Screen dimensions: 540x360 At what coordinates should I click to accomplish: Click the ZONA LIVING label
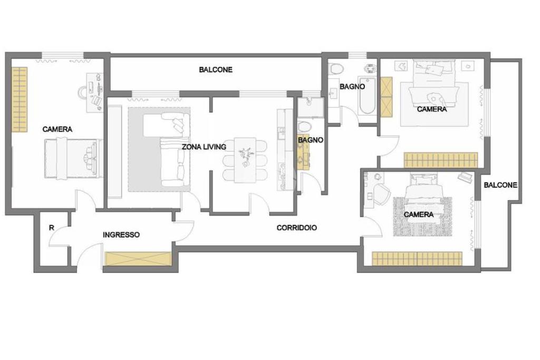tap(204, 147)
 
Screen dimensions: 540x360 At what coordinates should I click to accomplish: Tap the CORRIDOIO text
tap(297, 228)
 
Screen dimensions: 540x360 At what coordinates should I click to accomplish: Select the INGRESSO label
tap(121, 235)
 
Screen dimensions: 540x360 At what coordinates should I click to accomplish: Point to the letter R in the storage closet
tap(52, 228)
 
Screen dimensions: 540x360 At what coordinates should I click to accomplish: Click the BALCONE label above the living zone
tap(216, 70)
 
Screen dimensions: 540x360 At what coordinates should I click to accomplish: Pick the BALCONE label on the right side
tap(500, 185)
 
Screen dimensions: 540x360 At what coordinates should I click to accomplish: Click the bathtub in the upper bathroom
tap(367, 96)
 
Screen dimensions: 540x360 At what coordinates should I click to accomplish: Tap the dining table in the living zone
tap(245, 160)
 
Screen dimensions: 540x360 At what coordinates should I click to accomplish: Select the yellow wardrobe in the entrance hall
tap(138, 259)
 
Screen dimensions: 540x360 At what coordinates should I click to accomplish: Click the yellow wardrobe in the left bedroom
tap(20, 100)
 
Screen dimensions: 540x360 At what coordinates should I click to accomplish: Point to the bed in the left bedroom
tap(73, 159)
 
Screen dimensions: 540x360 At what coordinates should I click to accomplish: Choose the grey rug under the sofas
tap(159, 149)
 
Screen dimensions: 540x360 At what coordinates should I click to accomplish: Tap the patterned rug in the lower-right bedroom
tap(422, 217)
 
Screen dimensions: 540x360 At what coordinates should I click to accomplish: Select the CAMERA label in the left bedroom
tap(57, 130)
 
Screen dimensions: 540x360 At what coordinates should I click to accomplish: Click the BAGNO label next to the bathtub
tap(352, 87)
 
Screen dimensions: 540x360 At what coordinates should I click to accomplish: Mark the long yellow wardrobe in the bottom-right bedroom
tap(417, 258)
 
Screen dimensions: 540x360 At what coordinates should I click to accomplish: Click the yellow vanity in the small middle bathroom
tap(303, 152)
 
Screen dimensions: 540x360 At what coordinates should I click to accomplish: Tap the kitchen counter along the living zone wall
tap(282, 150)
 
